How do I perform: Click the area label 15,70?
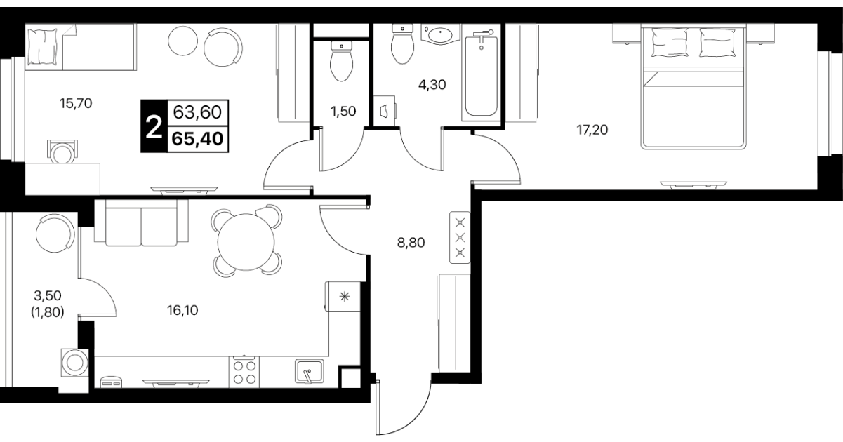(x=76, y=103)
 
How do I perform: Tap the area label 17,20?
(x=592, y=130)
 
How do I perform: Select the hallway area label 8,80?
(x=411, y=243)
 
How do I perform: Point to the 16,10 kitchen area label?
(x=182, y=310)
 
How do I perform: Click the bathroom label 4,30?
(x=432, y=85)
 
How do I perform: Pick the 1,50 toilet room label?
(x=343, y=112)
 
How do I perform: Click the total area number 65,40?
(x=197, y=139)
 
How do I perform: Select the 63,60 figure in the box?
(x=197, y=112)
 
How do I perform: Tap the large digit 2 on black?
(x=154, y=127)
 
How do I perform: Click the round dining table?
(x=246, y=242)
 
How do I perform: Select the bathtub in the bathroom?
(x=482, y=74)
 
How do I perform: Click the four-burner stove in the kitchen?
(x=244, y=372)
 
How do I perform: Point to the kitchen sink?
(x=310, y=371)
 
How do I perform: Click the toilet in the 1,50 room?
(x=341, y=61)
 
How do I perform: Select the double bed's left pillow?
(x=669, y=43)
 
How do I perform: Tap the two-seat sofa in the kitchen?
(x=141, y=222)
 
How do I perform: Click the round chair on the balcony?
(x=55, y=234)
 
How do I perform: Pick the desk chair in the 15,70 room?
(x=62, y=152)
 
